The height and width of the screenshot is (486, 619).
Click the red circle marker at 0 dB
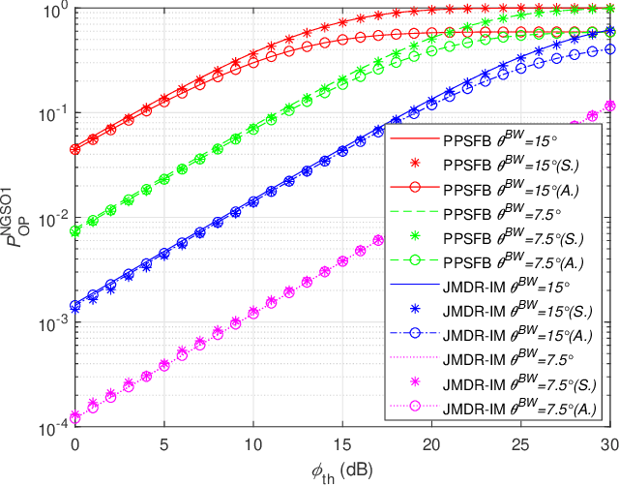pos(74,150)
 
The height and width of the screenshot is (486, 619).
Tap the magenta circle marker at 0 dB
pos(74,418)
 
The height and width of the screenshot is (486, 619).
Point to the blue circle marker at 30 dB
pos(609,49)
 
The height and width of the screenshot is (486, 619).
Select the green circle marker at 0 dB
pos(74,230)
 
